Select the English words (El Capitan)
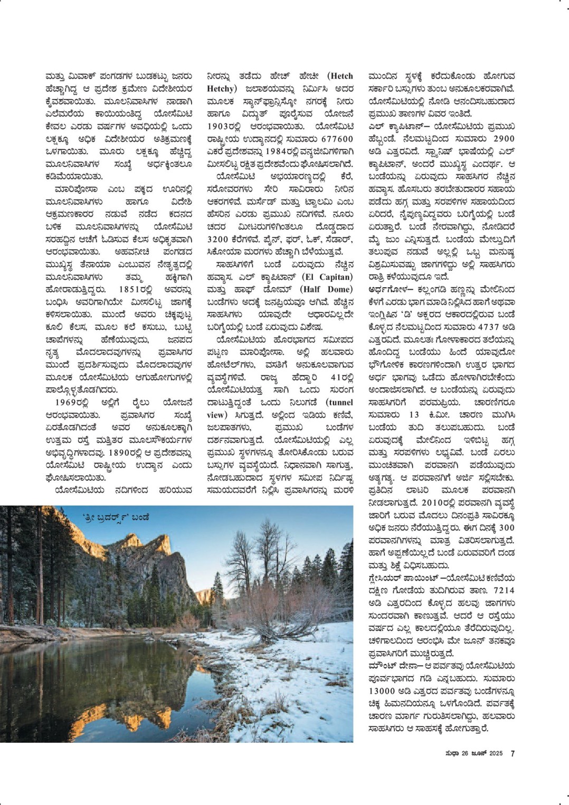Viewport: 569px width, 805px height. (x=328, y=277)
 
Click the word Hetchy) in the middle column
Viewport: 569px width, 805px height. (x=221, y=89)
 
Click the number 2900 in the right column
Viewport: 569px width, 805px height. (x=496, y=139)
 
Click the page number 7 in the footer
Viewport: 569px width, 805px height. (x=512, y=754)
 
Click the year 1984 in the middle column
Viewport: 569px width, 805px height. (x=265, y=152)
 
